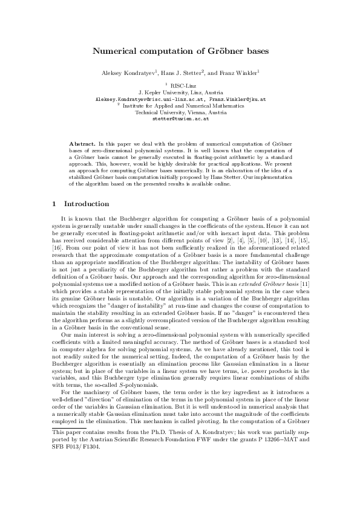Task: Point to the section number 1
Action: [54, 204]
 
